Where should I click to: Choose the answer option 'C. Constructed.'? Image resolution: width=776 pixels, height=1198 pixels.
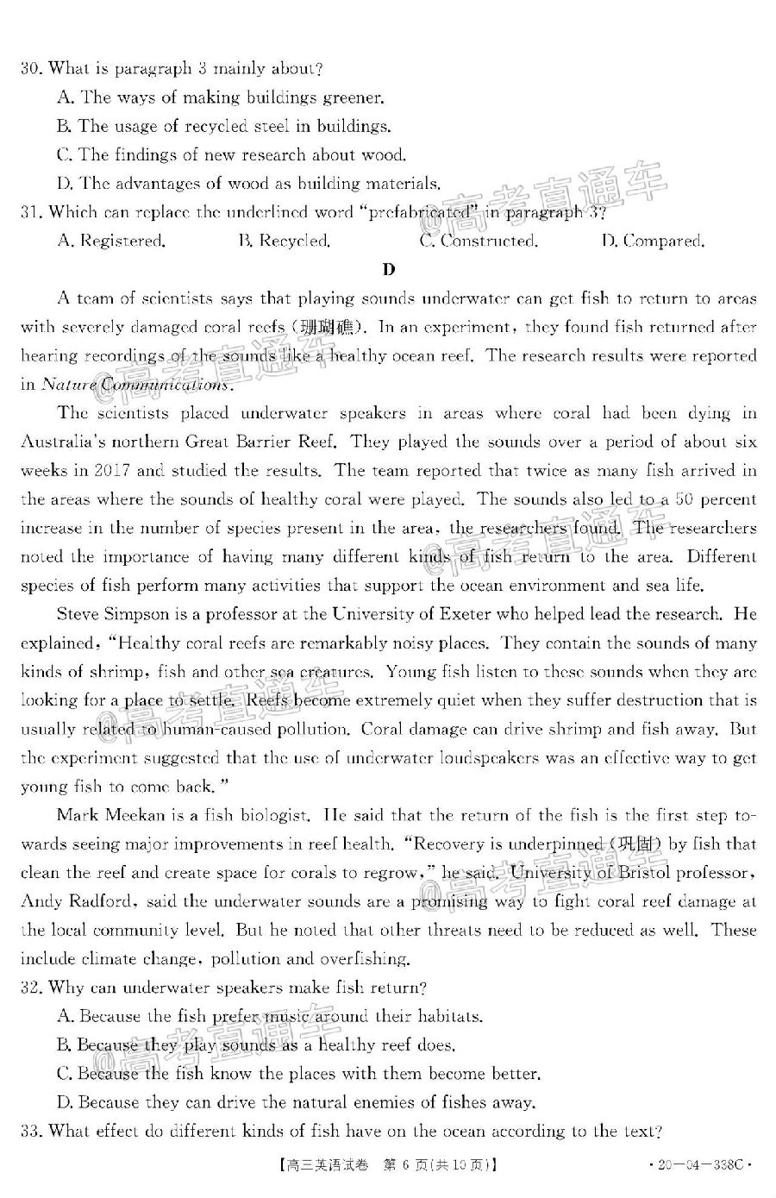click(x=479, y=241)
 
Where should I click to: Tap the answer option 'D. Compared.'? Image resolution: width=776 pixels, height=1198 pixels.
click(x=653, y=241)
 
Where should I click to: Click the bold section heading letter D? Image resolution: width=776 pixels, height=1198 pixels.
click(x=389, y=270)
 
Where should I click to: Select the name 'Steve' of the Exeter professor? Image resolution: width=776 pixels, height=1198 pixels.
click(x=79, y=614)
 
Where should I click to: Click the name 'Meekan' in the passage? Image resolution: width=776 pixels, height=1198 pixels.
click(x=129, y=815)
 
